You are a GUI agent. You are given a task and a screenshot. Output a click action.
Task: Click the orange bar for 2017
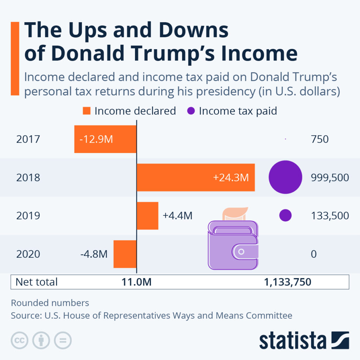[105, 139]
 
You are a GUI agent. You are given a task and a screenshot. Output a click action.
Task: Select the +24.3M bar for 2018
[195, 177]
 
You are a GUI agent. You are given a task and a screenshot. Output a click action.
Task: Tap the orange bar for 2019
[147, 216]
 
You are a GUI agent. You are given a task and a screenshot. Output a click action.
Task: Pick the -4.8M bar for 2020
[125, 254]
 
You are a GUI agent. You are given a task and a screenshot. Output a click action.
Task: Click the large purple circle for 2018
[285, 177]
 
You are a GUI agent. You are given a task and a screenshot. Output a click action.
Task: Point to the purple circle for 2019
[285, 216]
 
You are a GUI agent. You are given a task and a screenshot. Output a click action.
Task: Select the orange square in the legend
[87, 111]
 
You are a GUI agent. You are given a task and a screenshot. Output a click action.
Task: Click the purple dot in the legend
[191, 111]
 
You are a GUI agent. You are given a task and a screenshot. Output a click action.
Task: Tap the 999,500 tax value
[330, 178]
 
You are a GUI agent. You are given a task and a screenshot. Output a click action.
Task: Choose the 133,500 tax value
[330, 216]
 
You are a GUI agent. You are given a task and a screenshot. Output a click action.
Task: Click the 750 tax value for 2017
[320, 139]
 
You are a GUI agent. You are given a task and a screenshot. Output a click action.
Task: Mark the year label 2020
[28, 254]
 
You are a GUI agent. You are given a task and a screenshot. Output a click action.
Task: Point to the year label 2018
[28, 178]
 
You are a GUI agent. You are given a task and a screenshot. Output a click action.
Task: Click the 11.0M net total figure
[136, 282]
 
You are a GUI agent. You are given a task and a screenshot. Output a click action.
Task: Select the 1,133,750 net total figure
[287, 282]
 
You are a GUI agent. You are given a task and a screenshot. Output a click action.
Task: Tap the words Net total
[37, 282]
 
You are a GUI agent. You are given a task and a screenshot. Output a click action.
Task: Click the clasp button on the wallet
[241, 252]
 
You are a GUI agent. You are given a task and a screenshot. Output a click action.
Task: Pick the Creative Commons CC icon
[20, 340]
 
